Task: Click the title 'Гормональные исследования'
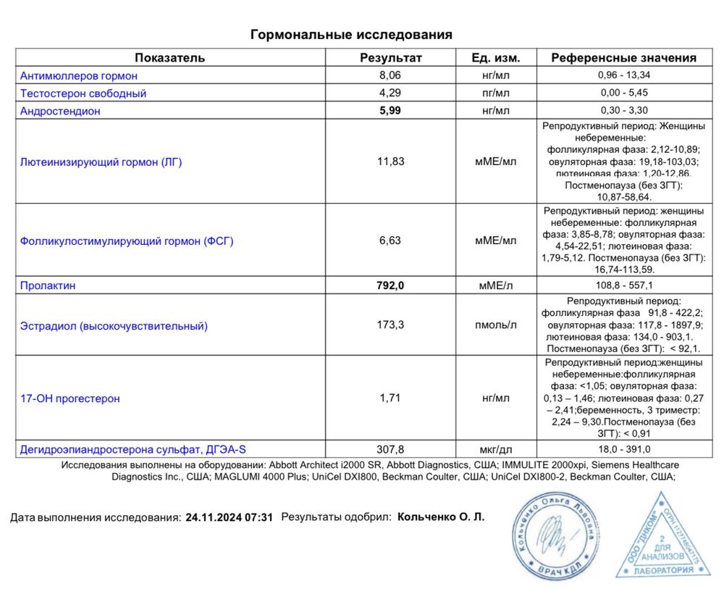click(351, 35)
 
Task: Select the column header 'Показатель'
click(169, 58)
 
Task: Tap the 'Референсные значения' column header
click(623, 58)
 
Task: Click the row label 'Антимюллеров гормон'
click(79, 75)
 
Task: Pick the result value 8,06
click(390, 75)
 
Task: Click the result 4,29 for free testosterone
click(390, 93)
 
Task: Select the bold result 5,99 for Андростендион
click(390, 111)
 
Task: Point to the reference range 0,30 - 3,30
click(623, 111)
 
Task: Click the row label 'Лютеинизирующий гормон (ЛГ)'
click(101, 162)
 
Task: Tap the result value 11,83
click(391, 162)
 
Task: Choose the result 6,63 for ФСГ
click(390, 241)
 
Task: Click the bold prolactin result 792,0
click(390, 285)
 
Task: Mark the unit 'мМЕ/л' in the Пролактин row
click(496, 285)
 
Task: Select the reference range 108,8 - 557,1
click(623, 285)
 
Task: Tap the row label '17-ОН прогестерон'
click(70, 398)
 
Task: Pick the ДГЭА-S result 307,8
click(391, 449)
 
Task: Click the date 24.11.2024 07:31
click(230, 518)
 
